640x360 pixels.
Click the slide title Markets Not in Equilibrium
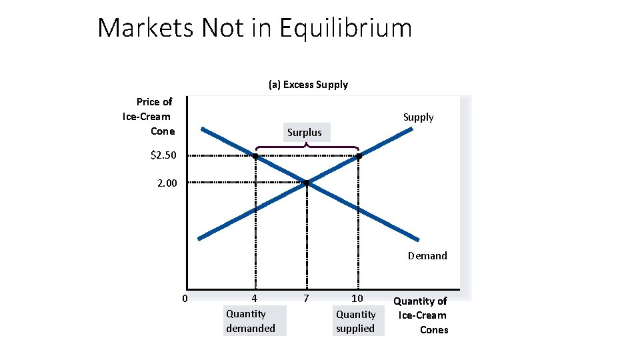255,28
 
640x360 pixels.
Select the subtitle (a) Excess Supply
308,85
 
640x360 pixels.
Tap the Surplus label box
305,132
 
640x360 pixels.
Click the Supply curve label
418,117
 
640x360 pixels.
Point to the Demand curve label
427,255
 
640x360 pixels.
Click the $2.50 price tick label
164,155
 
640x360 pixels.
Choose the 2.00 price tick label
167,182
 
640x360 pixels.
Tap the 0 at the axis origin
185,298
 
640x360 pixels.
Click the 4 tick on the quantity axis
255,298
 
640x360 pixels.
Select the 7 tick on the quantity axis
306,298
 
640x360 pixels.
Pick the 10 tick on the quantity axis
357,298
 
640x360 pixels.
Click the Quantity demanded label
251,321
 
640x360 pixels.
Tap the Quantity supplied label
355,321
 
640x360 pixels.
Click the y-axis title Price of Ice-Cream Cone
148,116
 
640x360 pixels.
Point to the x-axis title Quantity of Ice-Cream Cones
423,315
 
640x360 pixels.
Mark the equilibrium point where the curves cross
306,182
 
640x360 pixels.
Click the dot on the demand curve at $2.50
255,156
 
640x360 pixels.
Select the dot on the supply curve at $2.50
359,156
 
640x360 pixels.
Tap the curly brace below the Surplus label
307,146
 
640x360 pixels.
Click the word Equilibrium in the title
345,28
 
